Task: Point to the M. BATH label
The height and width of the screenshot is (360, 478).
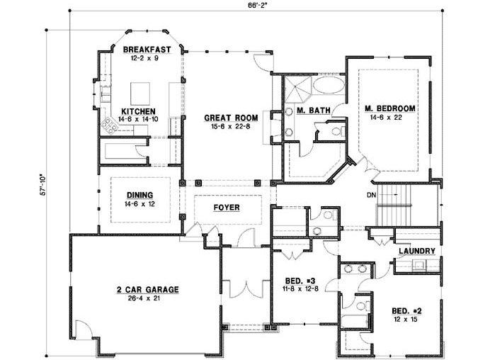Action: tap(310, 111)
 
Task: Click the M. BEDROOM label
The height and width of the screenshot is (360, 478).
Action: tap(389, 108)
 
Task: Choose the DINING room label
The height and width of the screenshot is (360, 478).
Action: tap(140, 193)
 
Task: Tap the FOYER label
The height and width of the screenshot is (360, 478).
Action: tap(227, 208)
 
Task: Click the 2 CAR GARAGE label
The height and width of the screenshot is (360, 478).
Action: tap(147, 289)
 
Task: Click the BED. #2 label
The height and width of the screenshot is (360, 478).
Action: tap(406, 310)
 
